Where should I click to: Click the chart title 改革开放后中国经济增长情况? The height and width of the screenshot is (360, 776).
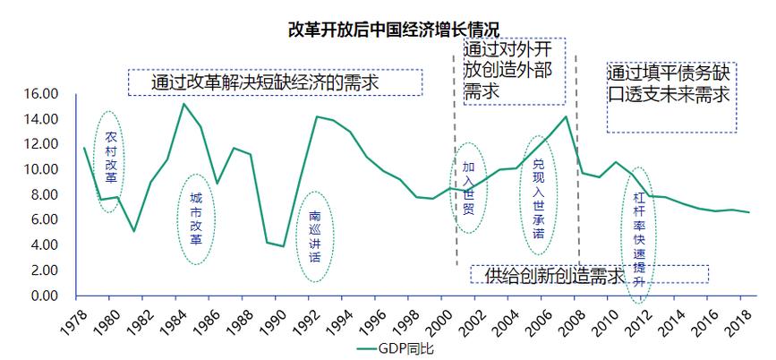coord(388,29)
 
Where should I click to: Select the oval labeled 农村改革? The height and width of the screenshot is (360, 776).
coord(110,161)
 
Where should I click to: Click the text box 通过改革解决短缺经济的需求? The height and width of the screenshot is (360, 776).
coord(275,82)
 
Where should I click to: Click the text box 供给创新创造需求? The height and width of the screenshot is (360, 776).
coord(588,274)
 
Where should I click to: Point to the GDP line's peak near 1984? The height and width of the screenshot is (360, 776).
coord(183,104)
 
